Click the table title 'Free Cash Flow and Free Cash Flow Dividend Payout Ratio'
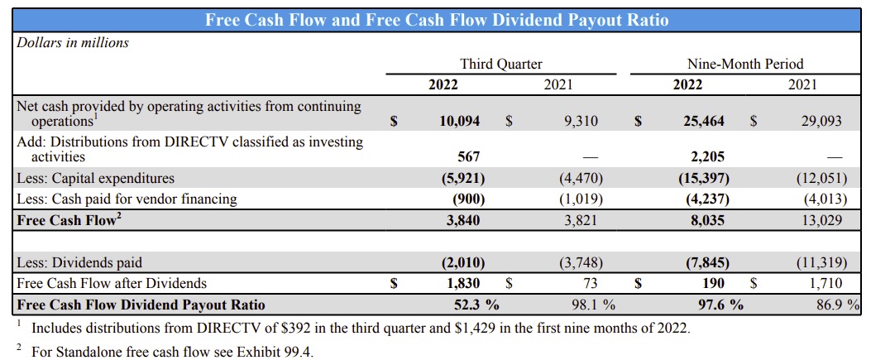tap(437, 19)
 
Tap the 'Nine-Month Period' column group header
tap(745, 64)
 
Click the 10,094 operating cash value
tap(459, 121)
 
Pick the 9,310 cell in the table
tap(580, 121)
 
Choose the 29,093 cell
tap(821, 121)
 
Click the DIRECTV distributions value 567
tap(468, 156)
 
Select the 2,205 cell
tap(706, 156)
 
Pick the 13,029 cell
tap(821, 221)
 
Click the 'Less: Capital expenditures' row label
tap(96, 178)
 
